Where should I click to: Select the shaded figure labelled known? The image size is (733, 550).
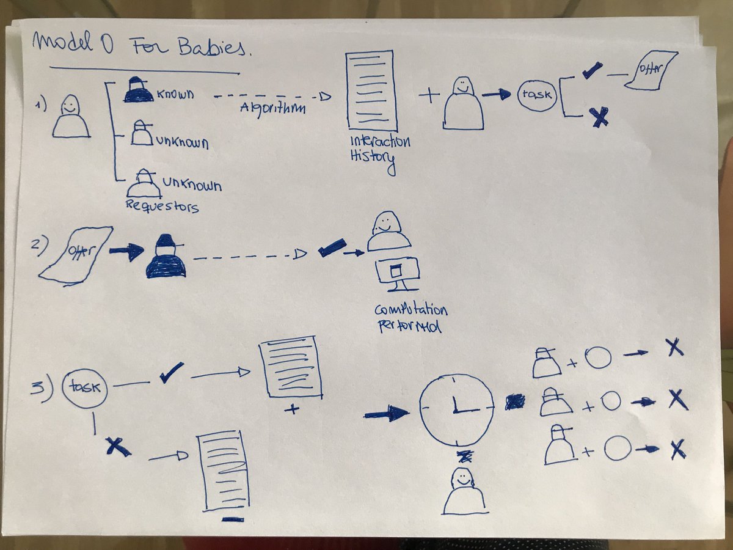(138, 91)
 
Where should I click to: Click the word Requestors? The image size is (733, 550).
(162, 206)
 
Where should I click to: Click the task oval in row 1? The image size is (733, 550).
(538, 96)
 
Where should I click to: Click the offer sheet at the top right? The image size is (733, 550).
(651, 71)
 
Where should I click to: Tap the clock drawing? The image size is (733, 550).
(456, 410)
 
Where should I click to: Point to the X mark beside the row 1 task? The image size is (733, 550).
(600, 117)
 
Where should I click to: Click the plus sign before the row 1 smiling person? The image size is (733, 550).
(430, 96)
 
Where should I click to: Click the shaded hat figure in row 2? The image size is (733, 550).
(165, 257)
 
